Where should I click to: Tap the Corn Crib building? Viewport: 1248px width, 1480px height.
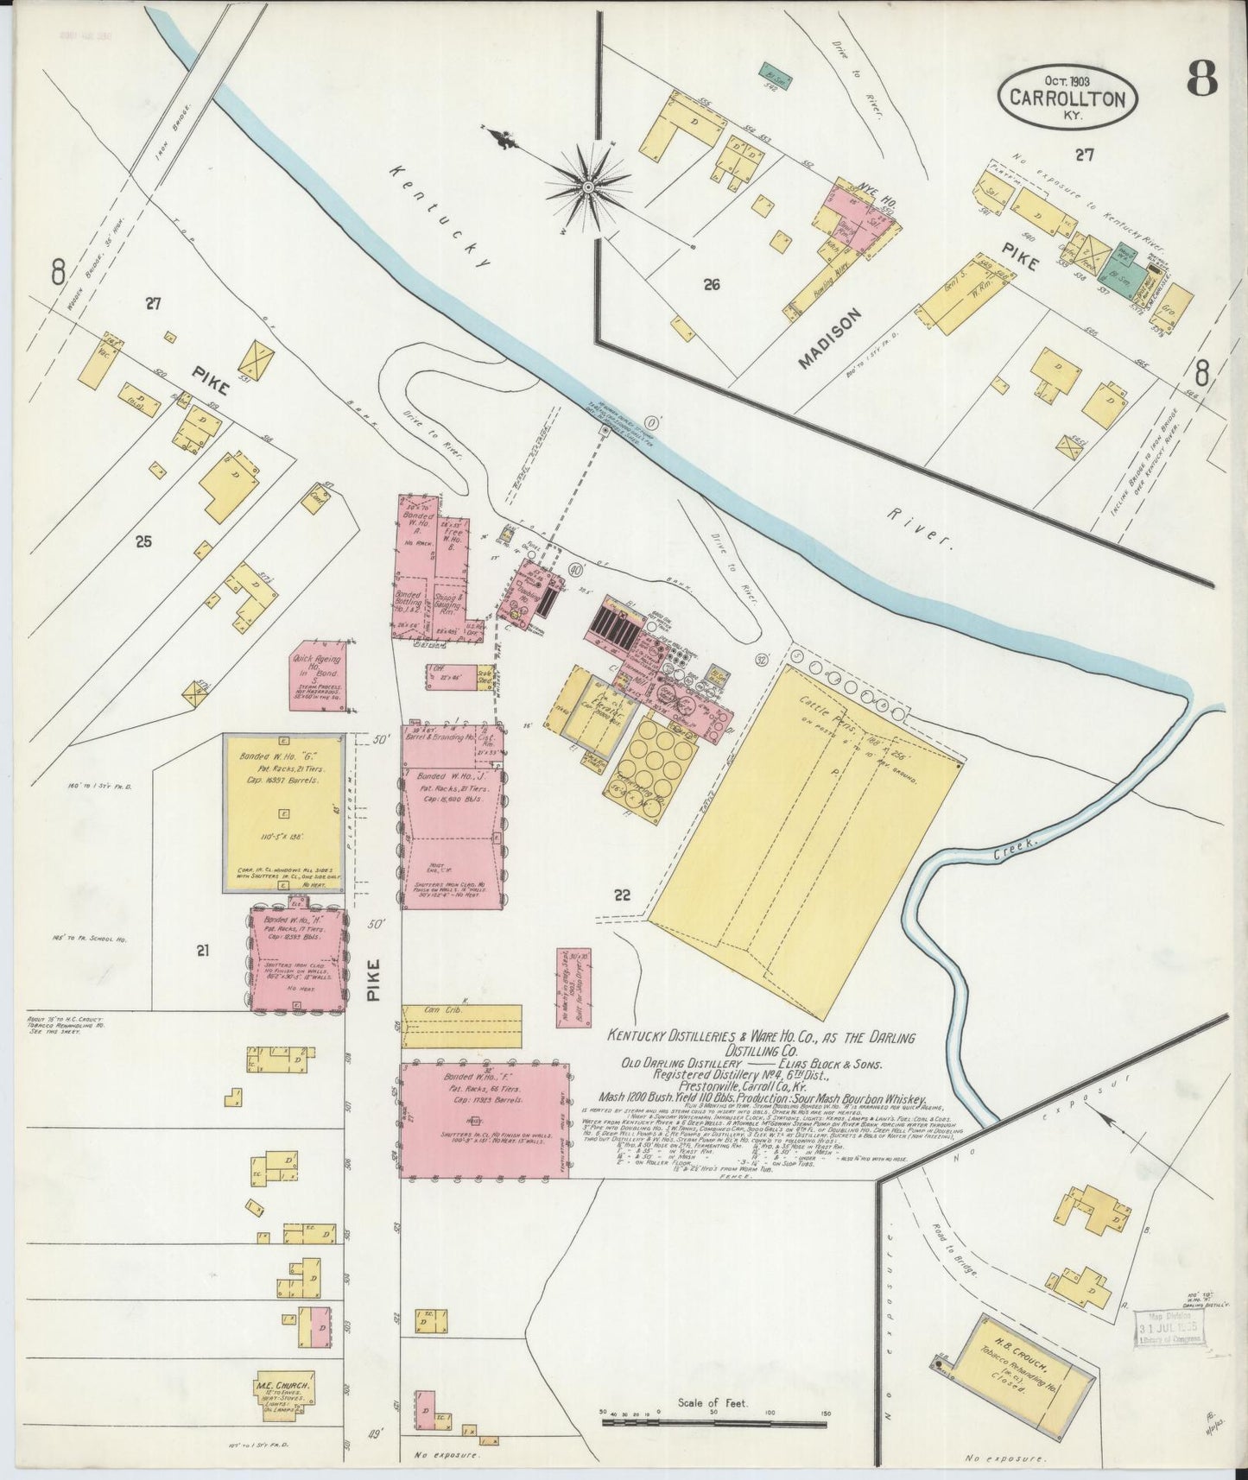tap(462, 1025)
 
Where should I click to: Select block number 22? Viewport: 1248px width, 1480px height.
tap(622, 895)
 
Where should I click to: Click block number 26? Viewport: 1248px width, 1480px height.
tap(712, 283)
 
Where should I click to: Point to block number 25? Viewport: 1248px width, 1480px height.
tap(143, 541)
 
